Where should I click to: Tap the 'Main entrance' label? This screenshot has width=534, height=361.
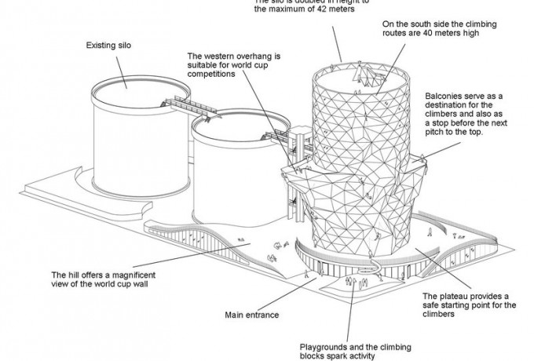[x=253, y=315]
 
